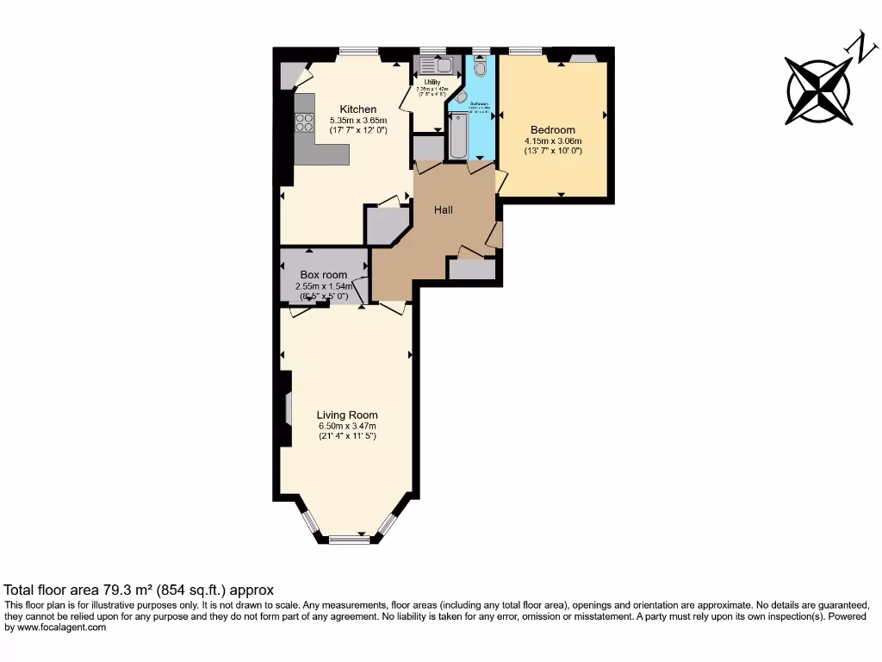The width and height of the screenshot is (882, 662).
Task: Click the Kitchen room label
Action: pyautogui.click(x=357, y=109)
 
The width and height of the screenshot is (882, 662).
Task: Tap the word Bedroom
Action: pyautogui.click(x=553, y=130)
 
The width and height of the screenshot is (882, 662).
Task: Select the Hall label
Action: pyautogui.click(x=443, y=209)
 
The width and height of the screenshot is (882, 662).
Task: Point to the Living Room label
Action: pyautogui.click(x=346, y=415)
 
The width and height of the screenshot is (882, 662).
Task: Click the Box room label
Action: pyautogui.click(x=323, y=275)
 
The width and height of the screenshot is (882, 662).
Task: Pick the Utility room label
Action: pyautogui.click(x=431, y=82)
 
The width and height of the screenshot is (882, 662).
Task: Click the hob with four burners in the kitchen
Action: pyautogui.click(x=304, y=123)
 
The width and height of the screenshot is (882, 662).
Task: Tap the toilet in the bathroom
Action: pyautogui.click(x=480, y=66)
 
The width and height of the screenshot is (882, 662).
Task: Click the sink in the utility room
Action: pyautogui.click(x=443, y=65)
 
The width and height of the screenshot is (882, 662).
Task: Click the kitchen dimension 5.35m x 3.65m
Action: pyautogui.click(x=358, y=120)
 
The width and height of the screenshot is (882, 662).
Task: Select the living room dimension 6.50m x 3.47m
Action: pyautogui.click(x=346, y=426)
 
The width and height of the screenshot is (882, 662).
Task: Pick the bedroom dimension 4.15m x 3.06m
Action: pyautogui.click(x=553, y=141)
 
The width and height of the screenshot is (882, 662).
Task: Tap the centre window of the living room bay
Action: pyautogui.click(x=348, y=540)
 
